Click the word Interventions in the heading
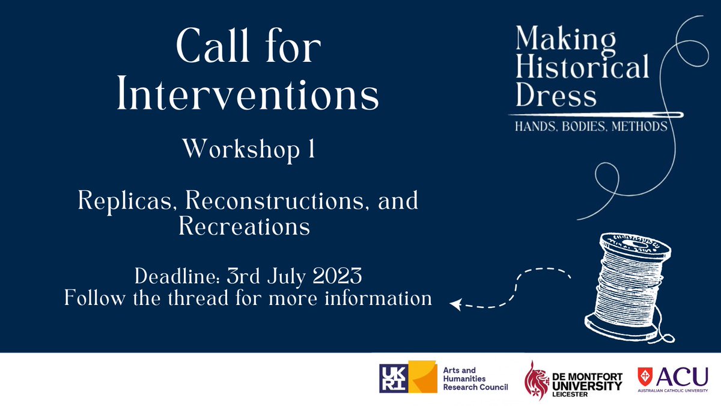pyautogui.click(x=248, y=94)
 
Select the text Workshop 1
pyautogui.click(x=248, y=149)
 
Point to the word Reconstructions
pyautogui.click(x=273, y=201)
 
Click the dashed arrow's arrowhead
pyautogui.click(x=455, y=305)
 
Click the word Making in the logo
pyautogui.click(x=557, y=40)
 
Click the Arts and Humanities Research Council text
pyautogui.click(x=475, y=378)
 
